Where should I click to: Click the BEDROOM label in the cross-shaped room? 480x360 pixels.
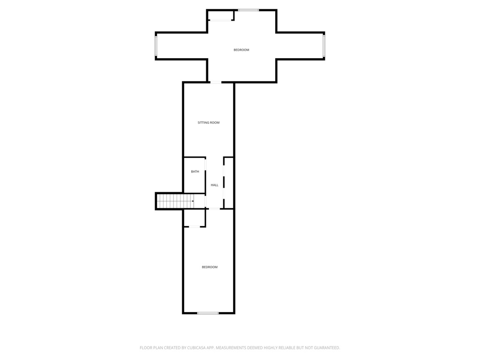click(241, 50)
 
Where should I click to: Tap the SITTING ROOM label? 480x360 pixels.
click(209, 123)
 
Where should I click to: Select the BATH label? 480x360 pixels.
click(195, 172)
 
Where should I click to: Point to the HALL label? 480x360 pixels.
click(215, 185)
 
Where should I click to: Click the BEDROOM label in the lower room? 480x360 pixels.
click(210, 267)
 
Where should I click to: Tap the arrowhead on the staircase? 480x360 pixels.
click(193, 201)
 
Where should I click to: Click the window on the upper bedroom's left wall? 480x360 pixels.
click(156, 46)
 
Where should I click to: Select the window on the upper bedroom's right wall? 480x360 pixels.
click(323, 46)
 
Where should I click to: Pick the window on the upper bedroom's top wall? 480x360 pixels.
click(248, 10)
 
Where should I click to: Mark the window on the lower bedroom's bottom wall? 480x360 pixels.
click(208, 313)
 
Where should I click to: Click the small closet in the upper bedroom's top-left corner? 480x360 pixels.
click(220, 15)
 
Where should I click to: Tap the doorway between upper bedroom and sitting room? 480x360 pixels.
click(216, 82)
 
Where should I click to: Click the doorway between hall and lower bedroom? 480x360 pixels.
click(214, 209)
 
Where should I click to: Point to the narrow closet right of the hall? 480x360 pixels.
click(229, 183)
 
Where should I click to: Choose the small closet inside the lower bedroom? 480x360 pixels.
click(194, 218)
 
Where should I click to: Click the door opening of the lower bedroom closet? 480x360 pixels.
click(195, 227)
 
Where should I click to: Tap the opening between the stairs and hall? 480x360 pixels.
click(205, 202)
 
